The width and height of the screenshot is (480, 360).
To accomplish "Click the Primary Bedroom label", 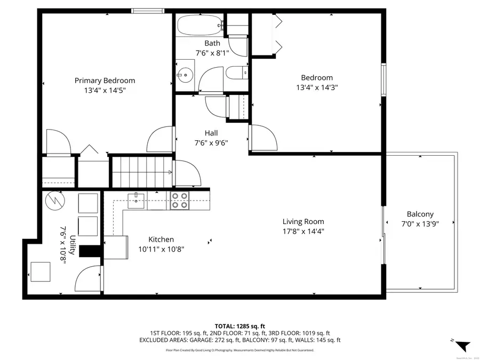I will click(105, 81).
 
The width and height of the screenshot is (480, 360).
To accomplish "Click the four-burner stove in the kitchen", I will click(179, 201).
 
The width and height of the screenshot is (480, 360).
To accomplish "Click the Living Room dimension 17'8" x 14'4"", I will click(303, 231).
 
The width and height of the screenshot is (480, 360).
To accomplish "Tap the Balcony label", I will click(420, 214).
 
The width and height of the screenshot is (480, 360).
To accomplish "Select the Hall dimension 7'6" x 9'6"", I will click(211, 142).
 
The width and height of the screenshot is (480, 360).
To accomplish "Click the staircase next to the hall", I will click(141, 171).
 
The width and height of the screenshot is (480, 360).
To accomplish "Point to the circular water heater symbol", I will click(54, 201).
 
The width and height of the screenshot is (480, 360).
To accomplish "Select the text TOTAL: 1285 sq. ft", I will click(239, 325).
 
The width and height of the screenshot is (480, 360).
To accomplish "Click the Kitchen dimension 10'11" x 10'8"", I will click(161, 249).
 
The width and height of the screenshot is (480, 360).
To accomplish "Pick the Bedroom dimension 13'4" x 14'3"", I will click(317, 87).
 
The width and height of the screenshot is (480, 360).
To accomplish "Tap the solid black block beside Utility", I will click(90, 251).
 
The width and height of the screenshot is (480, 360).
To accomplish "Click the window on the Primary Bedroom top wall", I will click(148, 10).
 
